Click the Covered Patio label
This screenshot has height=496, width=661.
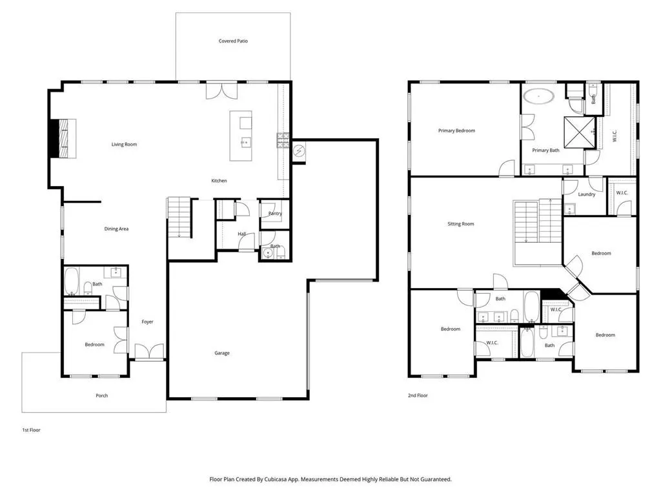pos(233,41)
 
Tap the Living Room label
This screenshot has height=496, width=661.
pos(124,144)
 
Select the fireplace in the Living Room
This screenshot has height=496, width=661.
pos(63,139)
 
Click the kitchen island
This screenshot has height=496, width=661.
pos(241,136)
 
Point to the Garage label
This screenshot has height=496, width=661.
pos(222,353)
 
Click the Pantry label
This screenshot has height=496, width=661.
pos(275,213)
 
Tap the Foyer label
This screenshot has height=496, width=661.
pos(147,322)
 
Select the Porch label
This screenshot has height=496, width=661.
pos(101,396)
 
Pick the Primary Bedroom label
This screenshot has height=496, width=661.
pos(456,130)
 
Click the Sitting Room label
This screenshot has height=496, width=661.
pos(461,224)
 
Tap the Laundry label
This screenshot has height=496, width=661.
pos(586,194)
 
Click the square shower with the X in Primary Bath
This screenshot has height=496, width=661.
pos(580,132)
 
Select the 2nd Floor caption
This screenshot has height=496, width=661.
pos(418,396)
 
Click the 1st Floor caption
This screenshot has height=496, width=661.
pos(31,430)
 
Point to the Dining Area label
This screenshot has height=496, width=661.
pos(116,229)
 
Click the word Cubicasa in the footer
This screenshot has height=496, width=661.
pos(276,480)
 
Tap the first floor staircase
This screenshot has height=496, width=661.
pos(180,218)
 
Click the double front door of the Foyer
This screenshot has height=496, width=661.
pos(149,351)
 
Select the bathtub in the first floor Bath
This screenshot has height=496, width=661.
pos(72,282)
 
